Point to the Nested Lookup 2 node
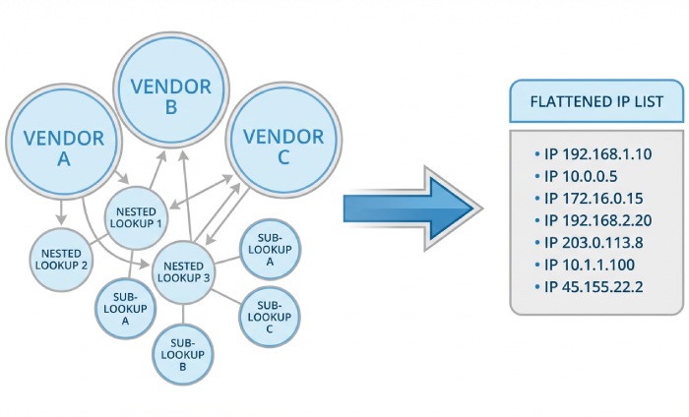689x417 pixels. tap(59, 260)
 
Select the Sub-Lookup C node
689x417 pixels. tap(270, 314)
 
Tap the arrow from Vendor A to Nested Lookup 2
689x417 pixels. tap(60, 209)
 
